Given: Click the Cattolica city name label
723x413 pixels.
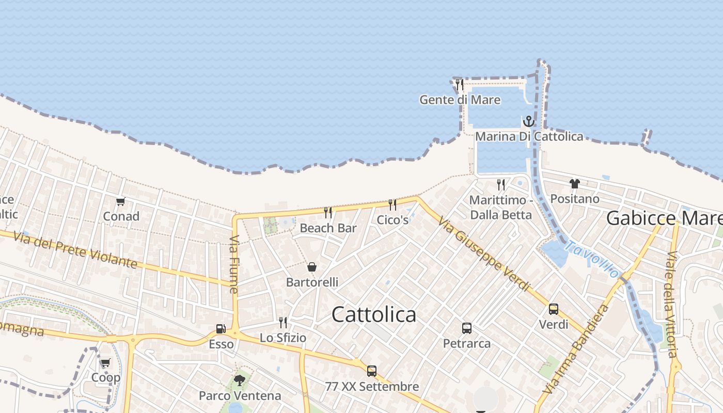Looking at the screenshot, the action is pyautogui.click(x=374, y=314).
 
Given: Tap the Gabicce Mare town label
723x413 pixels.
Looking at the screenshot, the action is pyautogui.click(x=664, y=218).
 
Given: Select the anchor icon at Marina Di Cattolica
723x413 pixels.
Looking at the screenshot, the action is pyautogui.click(x=528, y=122).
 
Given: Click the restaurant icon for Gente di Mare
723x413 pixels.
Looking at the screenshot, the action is pyautogui.click(x=459, y=85).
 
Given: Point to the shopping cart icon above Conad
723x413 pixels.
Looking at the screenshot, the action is pyautogui.click(x=121, y=201).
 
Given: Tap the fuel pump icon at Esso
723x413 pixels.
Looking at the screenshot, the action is pyautogui.click(x=221, y=329).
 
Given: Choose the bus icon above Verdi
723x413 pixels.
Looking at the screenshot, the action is pyautogui.click(x=554, y=309).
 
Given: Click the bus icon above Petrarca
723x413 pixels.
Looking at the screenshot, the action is pyautogui.click(x=467, y=328).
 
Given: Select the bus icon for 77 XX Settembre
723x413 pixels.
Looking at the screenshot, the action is pyautogui.click(x=372, y=371).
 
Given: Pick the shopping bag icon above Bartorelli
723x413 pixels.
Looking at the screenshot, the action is pyautogui.click(x=312, y=267).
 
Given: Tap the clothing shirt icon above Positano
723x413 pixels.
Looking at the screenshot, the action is pyautogui.click(x=575, y=184).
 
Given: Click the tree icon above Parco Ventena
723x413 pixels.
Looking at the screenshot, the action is pyautogui.click(x=239, y=380).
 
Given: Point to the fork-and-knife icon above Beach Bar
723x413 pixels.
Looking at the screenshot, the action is pyautogui.click(x=328, y=212).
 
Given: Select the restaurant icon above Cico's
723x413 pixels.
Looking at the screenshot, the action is pyautogui.click(x=392, y=204).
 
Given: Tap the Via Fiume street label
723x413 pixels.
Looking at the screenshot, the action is pyautogui.click(x=234, y=264).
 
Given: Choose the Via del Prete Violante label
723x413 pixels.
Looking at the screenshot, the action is pyautogui.click(x=75, y=250).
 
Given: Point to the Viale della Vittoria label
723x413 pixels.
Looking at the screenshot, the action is pyautogui.click(x=671, y=305).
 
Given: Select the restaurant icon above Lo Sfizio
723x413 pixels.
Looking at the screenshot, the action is pyautogui.click(x=283, y=323).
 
